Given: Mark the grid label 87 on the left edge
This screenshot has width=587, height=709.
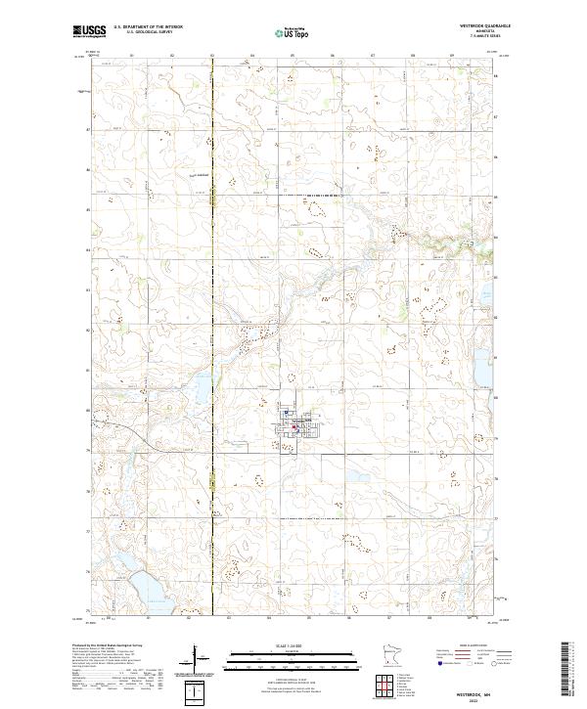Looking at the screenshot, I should pyautogui.click(x=86, y=128).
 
